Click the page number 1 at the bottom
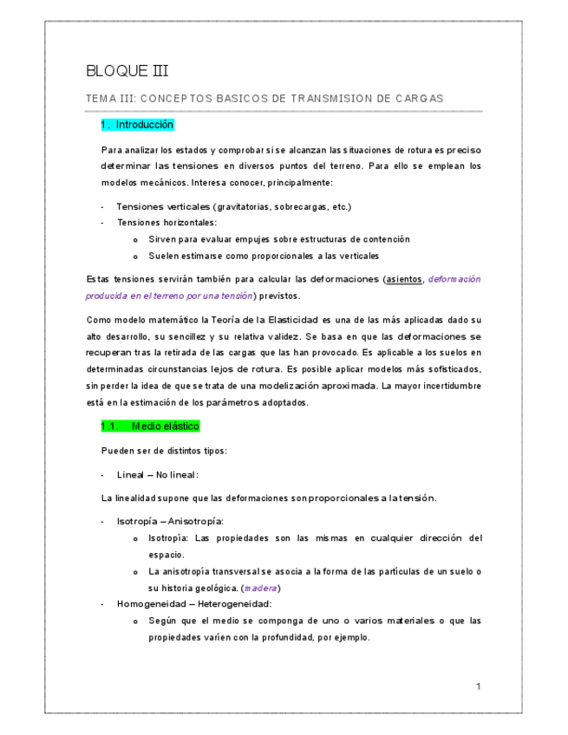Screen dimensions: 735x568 478,686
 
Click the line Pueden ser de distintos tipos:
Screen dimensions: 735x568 164,451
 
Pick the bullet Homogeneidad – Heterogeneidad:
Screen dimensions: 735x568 194,603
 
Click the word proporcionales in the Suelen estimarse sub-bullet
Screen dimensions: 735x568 280,257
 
